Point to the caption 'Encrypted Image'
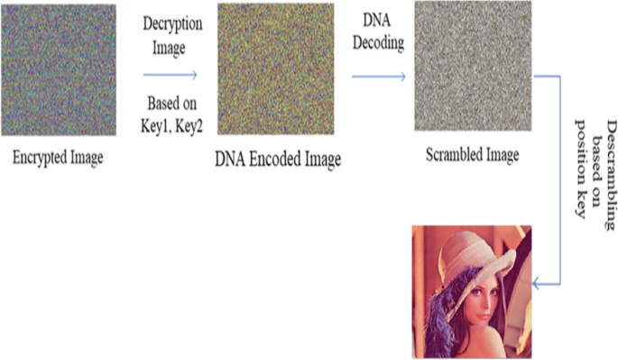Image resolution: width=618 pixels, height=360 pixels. pyautogui.click(x=58, y=159)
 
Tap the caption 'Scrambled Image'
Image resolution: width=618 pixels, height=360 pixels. pyautogui.click(x=472, y=155)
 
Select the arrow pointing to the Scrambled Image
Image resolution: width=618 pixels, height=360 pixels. pyautogui.click(x=378, y=77)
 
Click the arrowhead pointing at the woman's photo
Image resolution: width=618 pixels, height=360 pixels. pyautogui.click(x=535, y=283)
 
